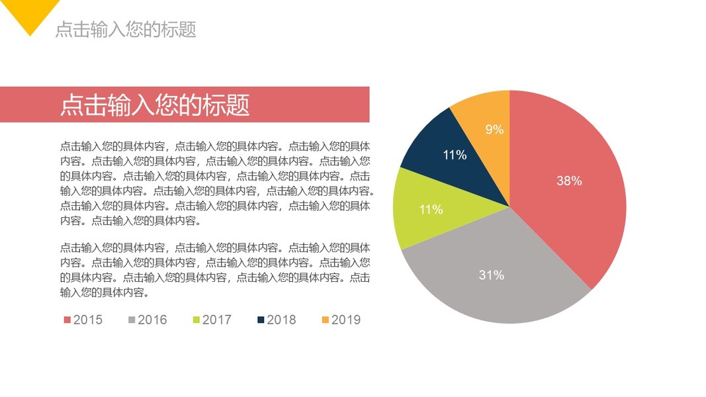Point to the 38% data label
coord(569,181)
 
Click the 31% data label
coord(492,275)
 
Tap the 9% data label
coord(494,130)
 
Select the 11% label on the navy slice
coord(455,155)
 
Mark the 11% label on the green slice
coord(431,210)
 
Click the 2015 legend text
coord(88,320)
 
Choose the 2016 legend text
coord(152,320)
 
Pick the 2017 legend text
coord(217,320)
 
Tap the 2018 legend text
coord(281,320)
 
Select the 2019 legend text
coord(346,320)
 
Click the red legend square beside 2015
coord(67,320)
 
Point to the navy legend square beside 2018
coord(261,320)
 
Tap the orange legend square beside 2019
coord(325,320)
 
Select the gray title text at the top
coord(126,30)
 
